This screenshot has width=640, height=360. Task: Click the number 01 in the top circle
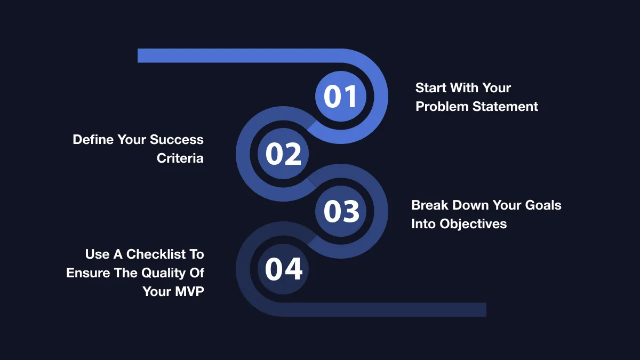[x=340, y=97]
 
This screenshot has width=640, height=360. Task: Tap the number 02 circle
[x=283, y=154]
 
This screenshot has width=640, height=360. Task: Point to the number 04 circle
[x=283, y=269]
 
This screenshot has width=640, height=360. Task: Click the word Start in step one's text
[x=431, y=88]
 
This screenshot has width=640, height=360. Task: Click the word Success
[x=177, y=140]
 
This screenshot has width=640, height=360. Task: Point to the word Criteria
[x=180, y=158]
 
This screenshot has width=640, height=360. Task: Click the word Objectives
[x=473, y=224]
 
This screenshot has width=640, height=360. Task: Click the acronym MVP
[x=189, y=292]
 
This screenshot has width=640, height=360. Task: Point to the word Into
[x=423, y=224]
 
